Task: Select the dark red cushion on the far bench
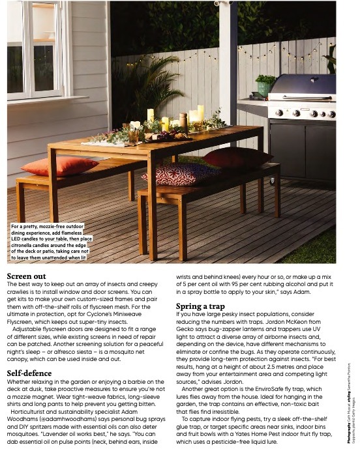click(235, 157)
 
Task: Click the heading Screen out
click(26, 276)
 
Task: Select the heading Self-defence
click(29, 373)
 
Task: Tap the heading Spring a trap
click(200, 306)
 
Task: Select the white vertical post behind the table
click(228, 72)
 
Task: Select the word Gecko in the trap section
click(187, 329)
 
